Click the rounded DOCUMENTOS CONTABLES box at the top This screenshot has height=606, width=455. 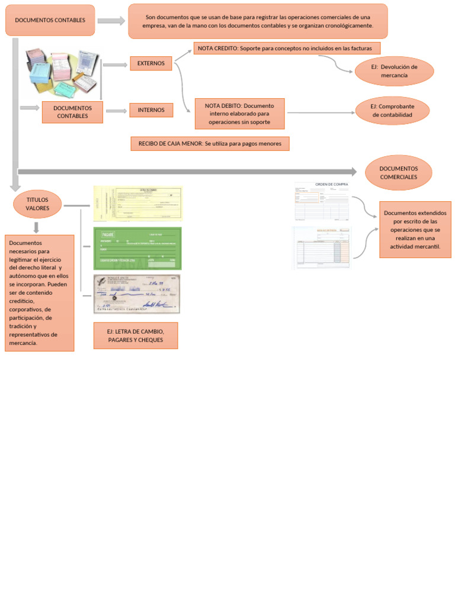click(50, 20)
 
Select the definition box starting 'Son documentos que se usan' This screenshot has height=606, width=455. click(258, 21)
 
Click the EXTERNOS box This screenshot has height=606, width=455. click(151, 63)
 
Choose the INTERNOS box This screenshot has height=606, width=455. click(151, 110)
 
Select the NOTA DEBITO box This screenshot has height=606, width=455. click(239, 114)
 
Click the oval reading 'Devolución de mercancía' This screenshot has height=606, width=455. click(394, 72)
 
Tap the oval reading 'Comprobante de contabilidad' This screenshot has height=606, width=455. click(392, 111)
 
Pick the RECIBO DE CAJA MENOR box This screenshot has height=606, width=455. click(210, 143)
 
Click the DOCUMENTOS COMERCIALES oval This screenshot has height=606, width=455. click(398, 173)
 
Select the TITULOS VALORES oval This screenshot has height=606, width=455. click(37, 204)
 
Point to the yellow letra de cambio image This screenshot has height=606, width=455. click(137, 204)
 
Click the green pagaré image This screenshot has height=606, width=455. click(137, 248)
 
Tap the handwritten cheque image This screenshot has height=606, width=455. click(137, 294)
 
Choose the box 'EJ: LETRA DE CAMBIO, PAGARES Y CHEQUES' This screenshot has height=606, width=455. click(135, 336)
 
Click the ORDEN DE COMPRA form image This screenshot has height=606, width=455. click(322, 201)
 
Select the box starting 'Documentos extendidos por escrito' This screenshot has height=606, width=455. click(415, 230)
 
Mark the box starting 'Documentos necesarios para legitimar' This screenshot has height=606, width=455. click(39, 293)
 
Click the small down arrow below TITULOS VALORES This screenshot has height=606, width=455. click(36, 227)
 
